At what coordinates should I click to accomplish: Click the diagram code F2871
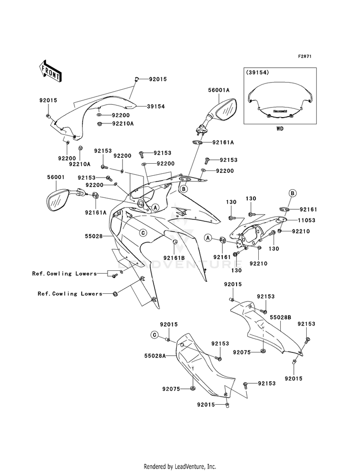pyautogui.click(x=304, y=56)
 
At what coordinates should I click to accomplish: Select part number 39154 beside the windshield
pyautogui.click(x=156, y=106)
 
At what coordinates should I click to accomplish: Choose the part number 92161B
pyautogui.click(x=174, y=258)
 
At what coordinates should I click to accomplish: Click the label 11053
pyautogui.click(x=306, y=220)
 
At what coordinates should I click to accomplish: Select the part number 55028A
pyautogui.click(x=155, y=356)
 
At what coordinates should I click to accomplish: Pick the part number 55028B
pyautogui.click(x=280, y=317)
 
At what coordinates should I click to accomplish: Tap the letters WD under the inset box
pyautogui.click(x=280, y=129)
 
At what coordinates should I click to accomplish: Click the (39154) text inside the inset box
pyautogui.click(x=257, y=72)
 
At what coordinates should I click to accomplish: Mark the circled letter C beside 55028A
pyautogui.click(x=155, y=335)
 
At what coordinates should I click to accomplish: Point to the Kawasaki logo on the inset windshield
pyautogui.click(x=280, y=110)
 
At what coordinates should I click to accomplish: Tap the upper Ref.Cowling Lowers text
pyautogui.click(x=64, y=274)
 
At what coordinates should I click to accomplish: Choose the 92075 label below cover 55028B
pyautogui.click(x=242, y=352)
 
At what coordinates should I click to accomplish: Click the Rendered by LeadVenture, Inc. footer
pyautogui.click(x=180, y=466)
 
